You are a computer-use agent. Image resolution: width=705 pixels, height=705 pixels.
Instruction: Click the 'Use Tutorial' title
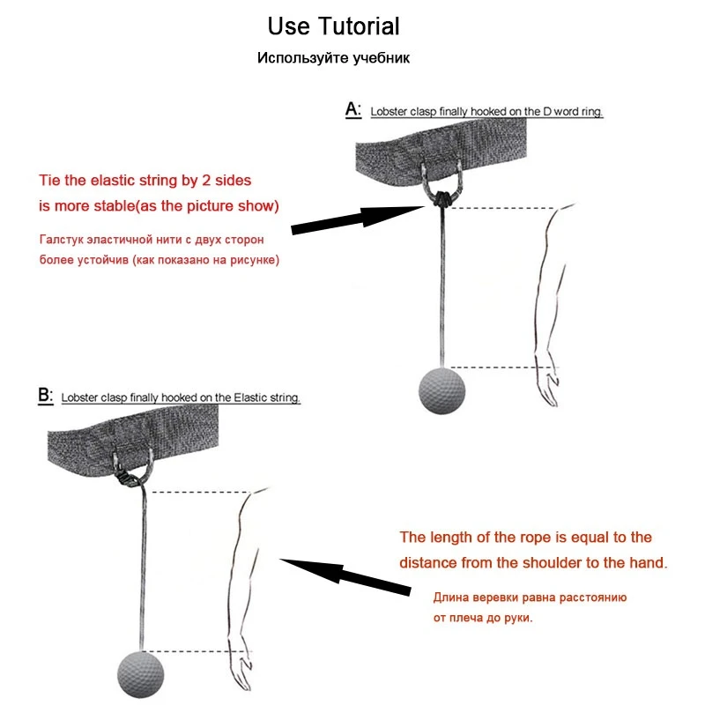coord(333,26)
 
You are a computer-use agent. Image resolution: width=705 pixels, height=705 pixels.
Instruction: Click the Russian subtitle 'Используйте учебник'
coord(333,59)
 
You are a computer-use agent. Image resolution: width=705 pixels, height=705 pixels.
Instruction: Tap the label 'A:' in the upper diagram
coord(352,110)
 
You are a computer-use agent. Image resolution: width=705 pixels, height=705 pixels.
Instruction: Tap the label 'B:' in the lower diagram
coord(46,396)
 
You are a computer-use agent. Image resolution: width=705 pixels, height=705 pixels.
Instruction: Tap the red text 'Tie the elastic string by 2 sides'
coord(145,181)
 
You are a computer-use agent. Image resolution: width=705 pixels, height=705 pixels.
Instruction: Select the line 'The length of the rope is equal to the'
coord(525,538)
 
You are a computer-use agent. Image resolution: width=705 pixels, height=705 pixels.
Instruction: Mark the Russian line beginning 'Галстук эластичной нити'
coord(152,240)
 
